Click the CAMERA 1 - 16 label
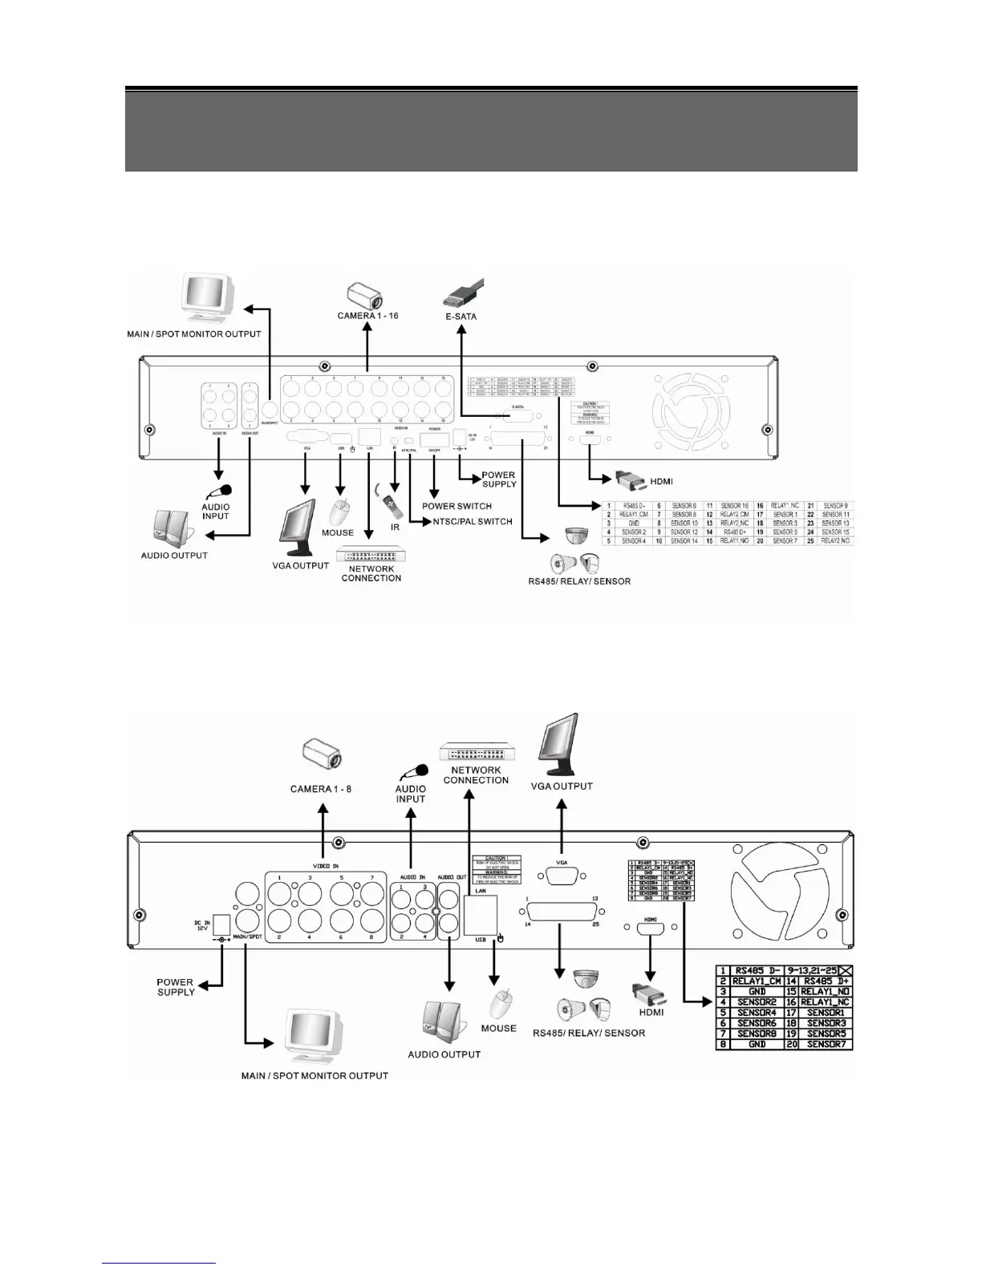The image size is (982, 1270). coord(367,316)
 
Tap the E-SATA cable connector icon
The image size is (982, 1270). coord(464,293)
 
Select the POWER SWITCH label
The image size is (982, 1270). coord(457,506)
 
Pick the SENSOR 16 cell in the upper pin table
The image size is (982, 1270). coord(734,506)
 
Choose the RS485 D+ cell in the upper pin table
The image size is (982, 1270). coord(734,532)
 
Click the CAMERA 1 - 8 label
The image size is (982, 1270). coord(321,790)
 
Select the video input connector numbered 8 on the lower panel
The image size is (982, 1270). coord(371,919)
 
